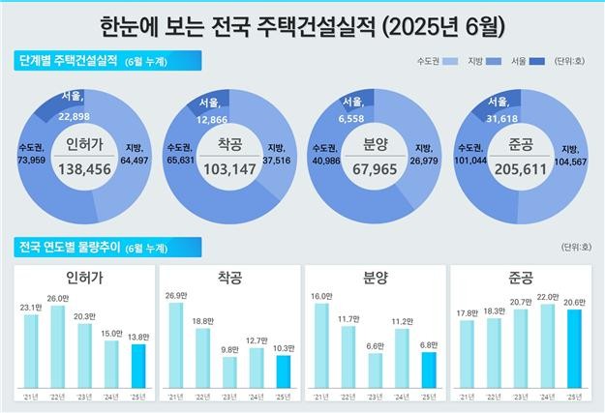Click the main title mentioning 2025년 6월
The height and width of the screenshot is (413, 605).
click(x=302, y=21)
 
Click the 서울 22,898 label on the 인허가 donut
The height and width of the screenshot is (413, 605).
click(x=73, y=107)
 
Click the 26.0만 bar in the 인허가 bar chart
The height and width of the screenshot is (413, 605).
click(x=58, y=351)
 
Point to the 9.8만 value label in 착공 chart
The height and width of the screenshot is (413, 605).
click(x=228, y=349)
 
